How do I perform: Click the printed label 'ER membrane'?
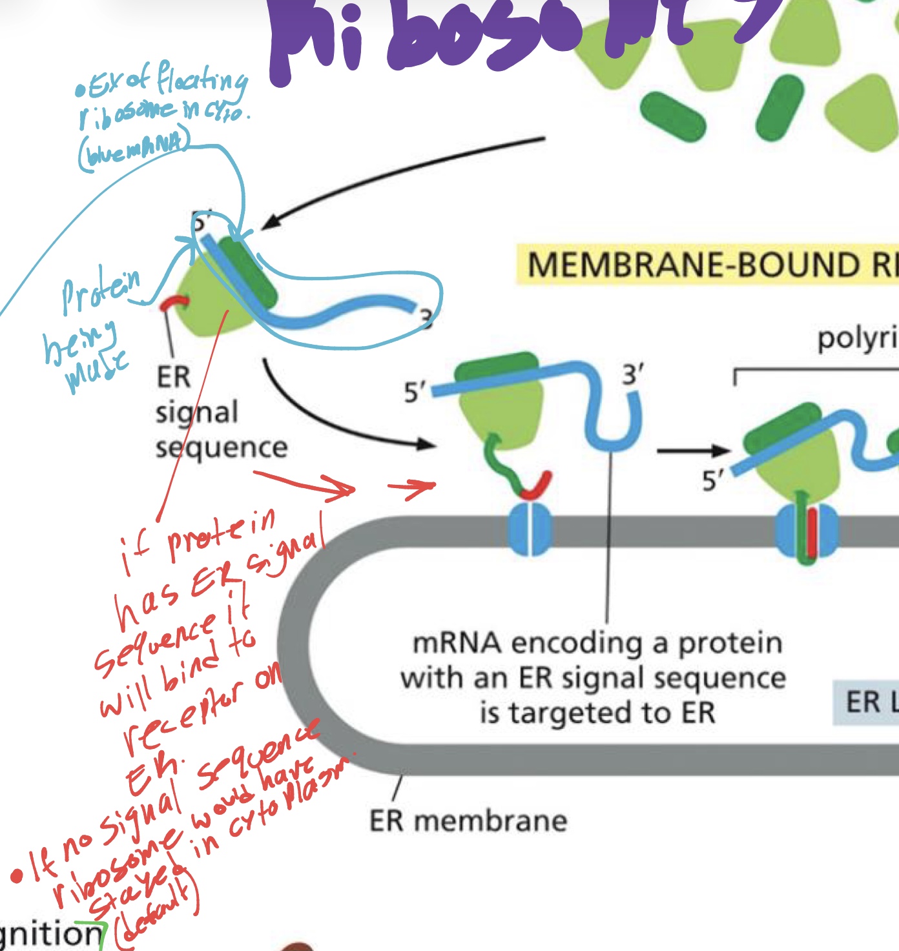468,821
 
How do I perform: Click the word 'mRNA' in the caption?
456,643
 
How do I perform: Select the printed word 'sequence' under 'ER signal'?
222,447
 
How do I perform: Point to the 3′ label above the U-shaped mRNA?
632,374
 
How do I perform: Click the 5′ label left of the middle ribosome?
415,392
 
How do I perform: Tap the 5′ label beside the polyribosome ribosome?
713,480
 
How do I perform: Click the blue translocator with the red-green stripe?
806,531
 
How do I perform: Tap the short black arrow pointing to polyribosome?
692,451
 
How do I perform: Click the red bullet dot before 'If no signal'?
17,877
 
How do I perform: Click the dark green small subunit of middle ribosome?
497,368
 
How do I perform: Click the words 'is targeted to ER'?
597,713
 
